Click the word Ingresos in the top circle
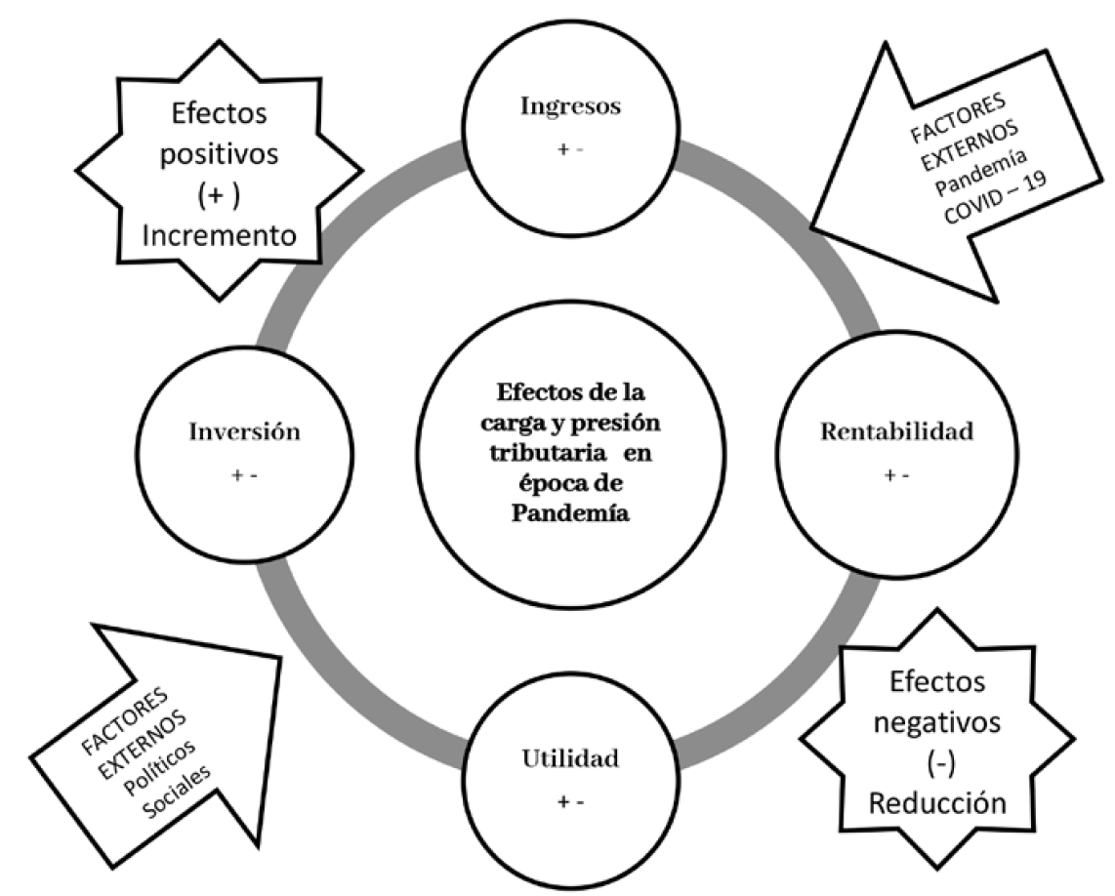click(x=570, y=106)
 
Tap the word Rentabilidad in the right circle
click(x=896, y=431)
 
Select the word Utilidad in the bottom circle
click(x=570, y=758)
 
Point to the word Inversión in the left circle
click(x=245, y=431)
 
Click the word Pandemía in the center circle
click(x=570, y=512)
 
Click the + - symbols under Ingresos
click(x=570, y=150)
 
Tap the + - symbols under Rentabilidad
click(x=896, y=475)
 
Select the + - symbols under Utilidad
click(x=570, y=802)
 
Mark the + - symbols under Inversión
click(x=245, y=475)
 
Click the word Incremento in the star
click(x=219, y=235)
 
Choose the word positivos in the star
click(x=219, y=154)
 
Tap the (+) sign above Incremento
click(x=219, y=195)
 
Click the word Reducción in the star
click(x=937, y=803)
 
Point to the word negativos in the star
click(x=937, y=723)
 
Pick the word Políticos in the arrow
click(x=160, y=769)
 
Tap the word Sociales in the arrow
click(x=177, y=793)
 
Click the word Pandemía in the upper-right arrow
click(x=980, y=172)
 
